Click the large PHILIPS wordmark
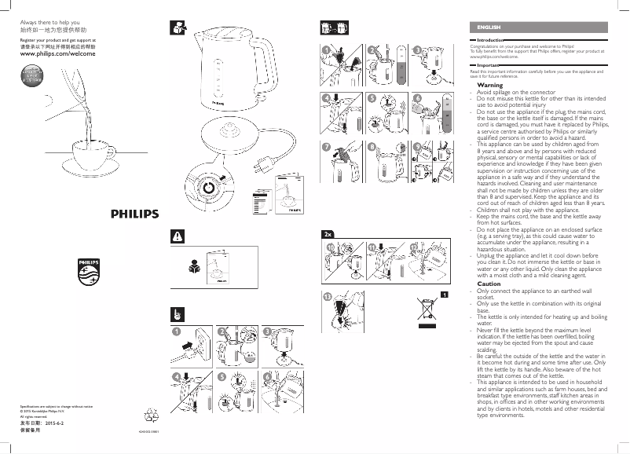133,213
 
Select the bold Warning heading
490,85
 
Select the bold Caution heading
489,284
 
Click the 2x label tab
328,234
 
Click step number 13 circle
328,297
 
